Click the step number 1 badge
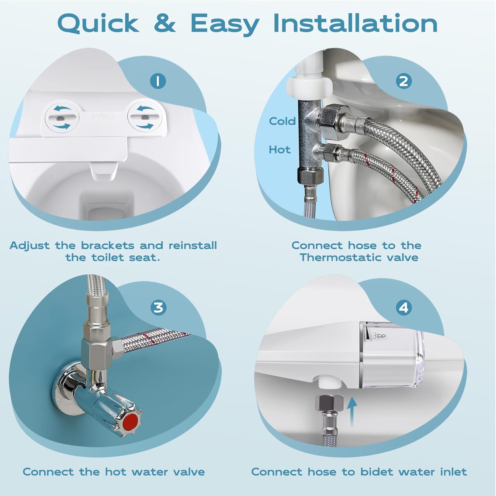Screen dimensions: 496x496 [158, 81]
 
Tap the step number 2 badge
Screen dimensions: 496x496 [403, 81]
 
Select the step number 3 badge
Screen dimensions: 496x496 [158, 307]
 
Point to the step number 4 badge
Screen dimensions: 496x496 [403, 308]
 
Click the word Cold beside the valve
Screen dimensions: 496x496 [282, 121]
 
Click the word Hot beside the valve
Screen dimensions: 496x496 [279, 150]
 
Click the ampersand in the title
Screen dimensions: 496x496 [164, 23]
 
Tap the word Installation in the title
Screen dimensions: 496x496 [355, 23]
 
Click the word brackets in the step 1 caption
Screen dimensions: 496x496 [108, 245]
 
